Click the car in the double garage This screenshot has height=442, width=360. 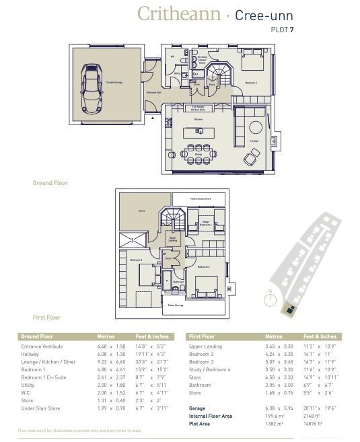click(x=90, y=88)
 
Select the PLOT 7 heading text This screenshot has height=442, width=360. click(x=282, y=30)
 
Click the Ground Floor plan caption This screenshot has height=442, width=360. click(x=50, y=183)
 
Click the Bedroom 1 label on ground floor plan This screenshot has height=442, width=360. click(x=251, y=82)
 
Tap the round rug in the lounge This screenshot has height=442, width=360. click(x=256, y=126)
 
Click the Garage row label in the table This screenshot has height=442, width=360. click(x=198, y=408)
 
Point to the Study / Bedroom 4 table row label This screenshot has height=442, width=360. click(x=210, y=370)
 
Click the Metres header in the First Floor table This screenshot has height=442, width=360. click(x=274, y=336)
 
